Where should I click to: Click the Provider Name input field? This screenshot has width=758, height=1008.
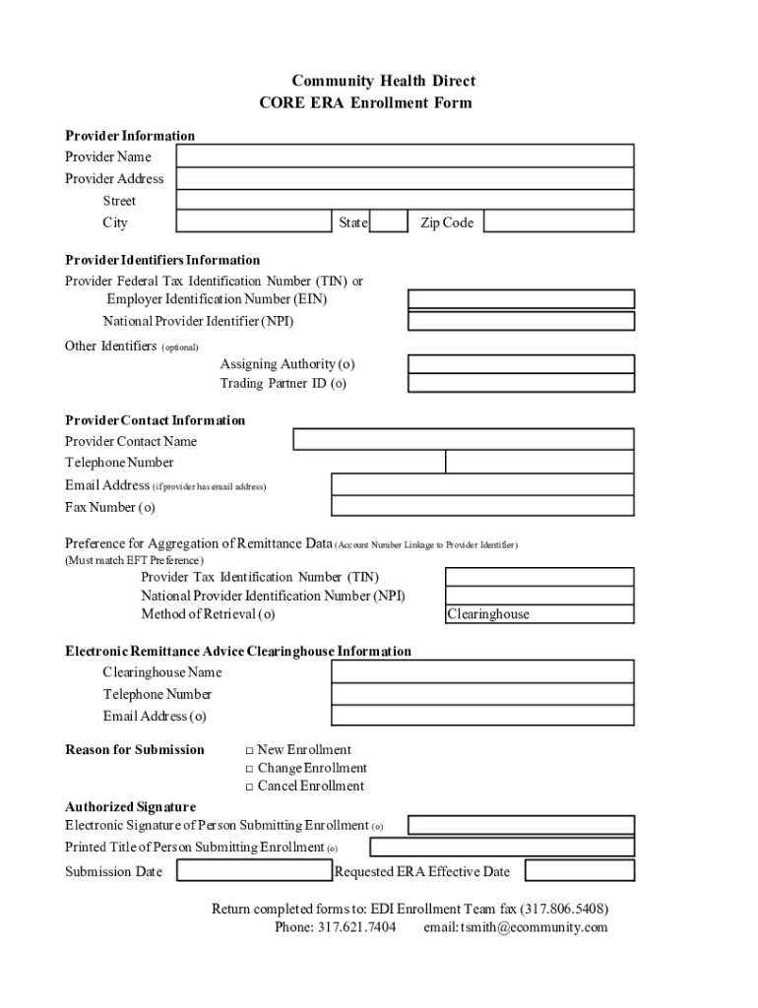[x=405, y=157]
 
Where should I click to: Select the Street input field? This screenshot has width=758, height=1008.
[x=405, y=200]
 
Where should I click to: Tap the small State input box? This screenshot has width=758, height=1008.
[x=389, y=222]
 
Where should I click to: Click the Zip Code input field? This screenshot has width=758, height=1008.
[x=558, y=222]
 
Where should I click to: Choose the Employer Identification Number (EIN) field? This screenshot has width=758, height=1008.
[x=521, y=299]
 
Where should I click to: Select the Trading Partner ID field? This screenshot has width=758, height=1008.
[x=521, y=383]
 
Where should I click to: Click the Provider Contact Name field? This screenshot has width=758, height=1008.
[x=464, y=440]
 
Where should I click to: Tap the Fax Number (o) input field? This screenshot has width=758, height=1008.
[x=482, y=507]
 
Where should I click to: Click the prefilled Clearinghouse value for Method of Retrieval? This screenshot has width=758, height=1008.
[x=488, y=614]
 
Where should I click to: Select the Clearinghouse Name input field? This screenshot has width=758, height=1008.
[x=482, y=671]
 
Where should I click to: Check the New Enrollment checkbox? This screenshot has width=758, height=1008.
[x=249, y=750]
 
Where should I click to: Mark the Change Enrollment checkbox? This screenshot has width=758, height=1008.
[x=249, y=769]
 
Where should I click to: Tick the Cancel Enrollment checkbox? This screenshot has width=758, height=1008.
[x=249, y=787]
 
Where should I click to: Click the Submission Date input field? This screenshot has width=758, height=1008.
[x=254, y=871]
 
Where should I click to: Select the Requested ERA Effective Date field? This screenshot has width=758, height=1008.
[x=579, y=871]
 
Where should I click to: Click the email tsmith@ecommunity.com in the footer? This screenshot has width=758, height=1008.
[x=533, y=927]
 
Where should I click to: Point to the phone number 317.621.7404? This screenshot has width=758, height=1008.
[x=356, y=927]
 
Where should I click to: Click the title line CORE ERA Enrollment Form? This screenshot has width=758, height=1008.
[x=365, y=102]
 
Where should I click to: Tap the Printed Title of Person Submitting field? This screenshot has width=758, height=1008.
[x=502, y=848]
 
